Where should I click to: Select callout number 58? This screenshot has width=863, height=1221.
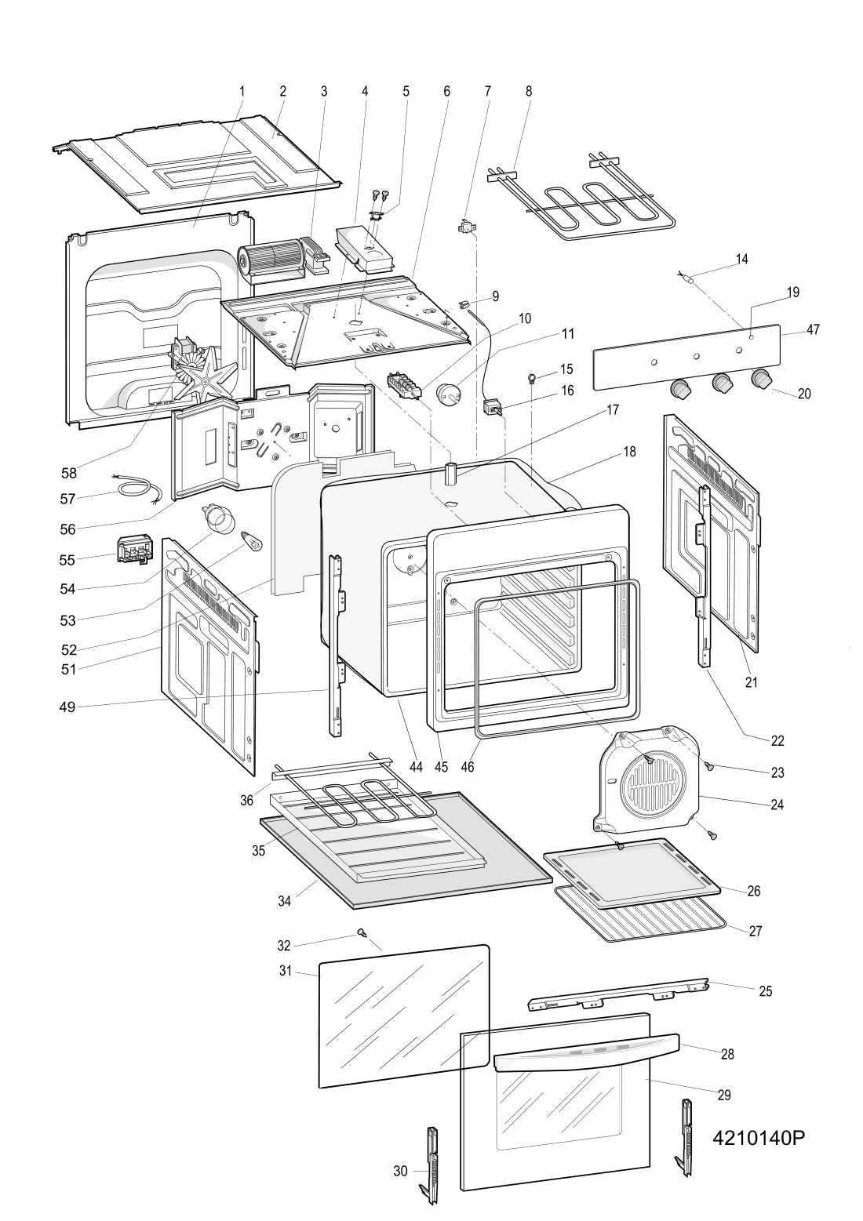pyautogui.click(x=69, y=473)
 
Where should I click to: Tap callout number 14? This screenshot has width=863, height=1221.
pyautogui.click(x=741, y=259)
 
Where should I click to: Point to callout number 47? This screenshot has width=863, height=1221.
pyautogui.click(x=813, y=330)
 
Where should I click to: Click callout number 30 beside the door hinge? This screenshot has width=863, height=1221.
pyautogui.click(x=400, y=1171)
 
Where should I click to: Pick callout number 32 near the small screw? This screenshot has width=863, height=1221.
pyautogui.click(x=283, y=945)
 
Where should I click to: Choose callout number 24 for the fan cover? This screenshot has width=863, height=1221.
pyautogui.click(x=777, y=804)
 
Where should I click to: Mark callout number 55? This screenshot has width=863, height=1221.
pyautogui.click(x=67, y=559)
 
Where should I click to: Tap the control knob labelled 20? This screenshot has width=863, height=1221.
pyautogui.click(x=760, y=378)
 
